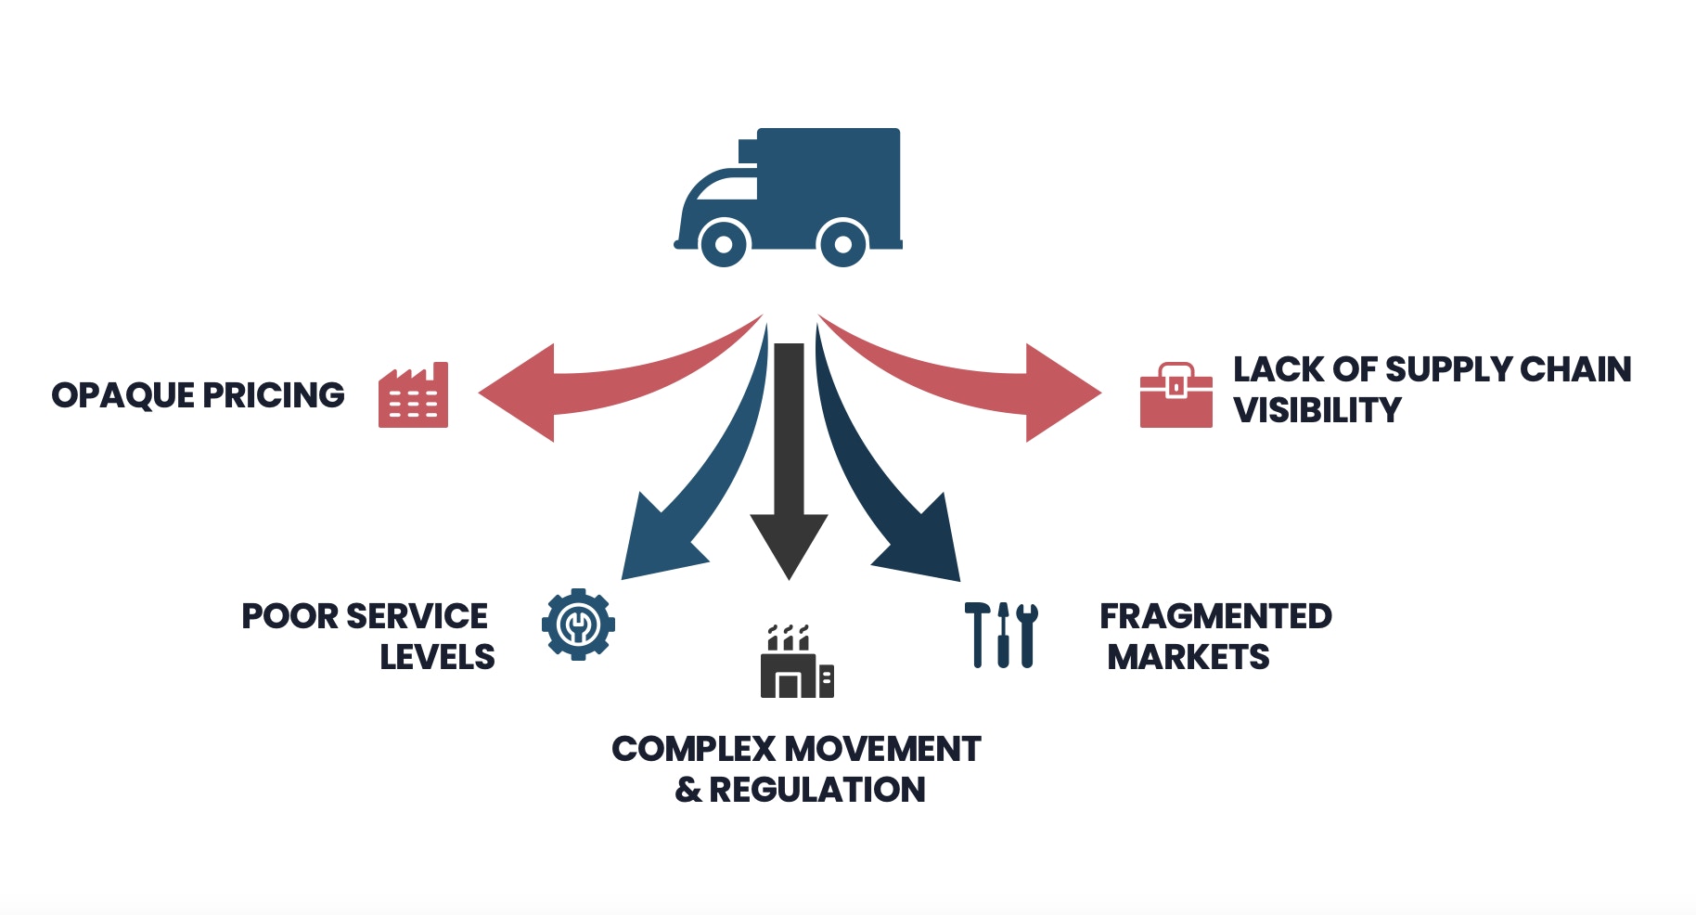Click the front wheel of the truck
click(x=723, y=244)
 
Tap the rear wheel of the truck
click(x=842, y=244)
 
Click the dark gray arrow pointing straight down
click(x=789, y=464)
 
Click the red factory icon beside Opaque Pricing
click(x=414, y=396)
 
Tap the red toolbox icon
click(x=1176, y=396)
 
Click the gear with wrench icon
click(x=578, y=625)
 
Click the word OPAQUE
click(x=122, y=395)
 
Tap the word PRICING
click(x=274, y=395)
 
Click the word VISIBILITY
click(x=1317, y=410)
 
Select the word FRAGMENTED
click(x=1215, y=616)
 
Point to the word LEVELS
click(x=437, y=657)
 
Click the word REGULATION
click(x=816, y=790)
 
